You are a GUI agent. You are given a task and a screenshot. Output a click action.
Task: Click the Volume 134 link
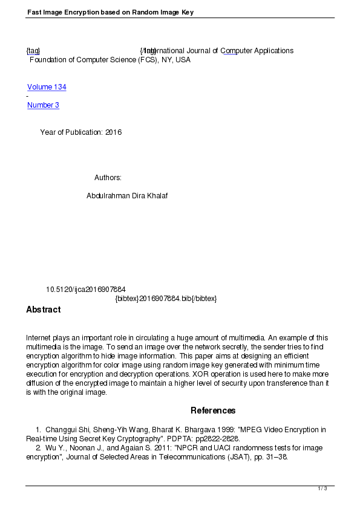pyautogui.click(x=47, y=87)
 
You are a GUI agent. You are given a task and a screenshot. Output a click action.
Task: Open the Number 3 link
pyautogui.click(x=43, y=105)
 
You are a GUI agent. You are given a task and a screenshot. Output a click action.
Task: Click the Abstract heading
pyautogui.click(x=43, y=310)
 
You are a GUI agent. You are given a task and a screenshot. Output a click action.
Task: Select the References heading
pyautogui.click(x=213, y=410)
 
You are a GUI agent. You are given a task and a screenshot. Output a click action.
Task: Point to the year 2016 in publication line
pyautogui.click(x=113, y=132)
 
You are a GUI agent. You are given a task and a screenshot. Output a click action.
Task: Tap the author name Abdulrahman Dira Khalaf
pyautogui.click(x=127, y=196)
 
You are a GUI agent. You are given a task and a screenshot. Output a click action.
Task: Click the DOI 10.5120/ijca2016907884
pyautogui.click(x=85, y=290)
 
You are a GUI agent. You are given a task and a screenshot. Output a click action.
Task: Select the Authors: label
pyautogui.click(x=108, y=178)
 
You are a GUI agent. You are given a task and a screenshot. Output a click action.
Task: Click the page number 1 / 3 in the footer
pyautogui.click(x=322, y=488)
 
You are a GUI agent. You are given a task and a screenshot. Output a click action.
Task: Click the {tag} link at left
pyautogui.click(x=33, y=51)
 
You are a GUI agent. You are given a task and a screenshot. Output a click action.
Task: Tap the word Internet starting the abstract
pyautogui.click(x=39, y=338)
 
